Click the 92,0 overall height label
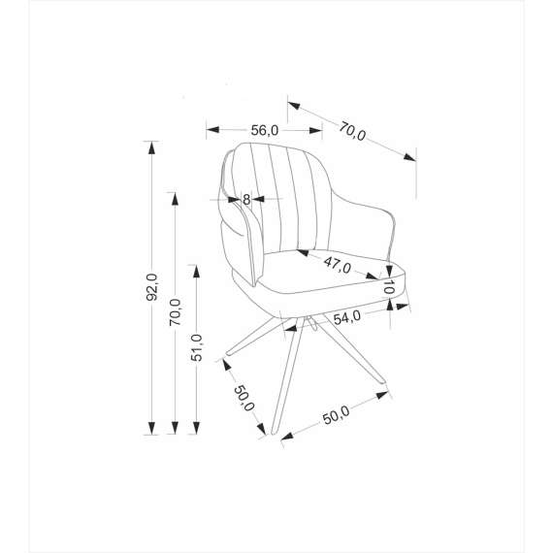[152, 287]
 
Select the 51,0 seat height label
[197, 347]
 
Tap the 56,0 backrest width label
[265, 131]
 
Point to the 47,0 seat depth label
[338, 265]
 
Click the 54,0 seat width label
[347, 317]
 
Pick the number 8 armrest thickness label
[246, 200]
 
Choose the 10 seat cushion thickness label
[388, 287]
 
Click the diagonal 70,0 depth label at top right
[352, 131]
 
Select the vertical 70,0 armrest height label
[176, 312]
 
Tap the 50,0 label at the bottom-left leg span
[244, 398]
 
